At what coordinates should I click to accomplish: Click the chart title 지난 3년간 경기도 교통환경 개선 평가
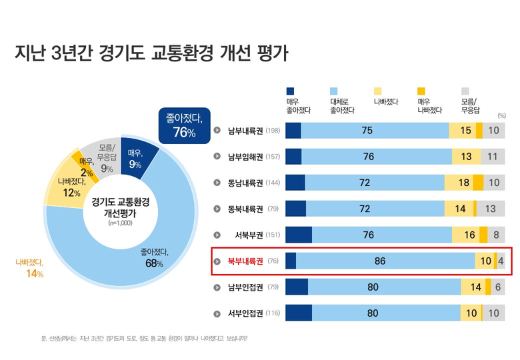click(x=151, y=53)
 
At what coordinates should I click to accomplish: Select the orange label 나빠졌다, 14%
click(x=30, y=269)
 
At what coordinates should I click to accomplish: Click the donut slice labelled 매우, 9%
click(x=136, y=157)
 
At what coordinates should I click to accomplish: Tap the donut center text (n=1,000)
click(x=120, y=223)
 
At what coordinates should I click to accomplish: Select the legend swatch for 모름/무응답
click(x=465, y=91)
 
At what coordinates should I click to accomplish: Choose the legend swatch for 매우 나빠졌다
click(x=421, y=91)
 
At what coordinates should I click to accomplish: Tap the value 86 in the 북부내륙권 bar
click(x=380, y=261)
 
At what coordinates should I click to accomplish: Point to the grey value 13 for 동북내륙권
click(x=490, y=209)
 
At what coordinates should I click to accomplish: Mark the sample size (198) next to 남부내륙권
click(x=273, y=131)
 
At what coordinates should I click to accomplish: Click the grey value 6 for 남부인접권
click(x=497, y=287)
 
